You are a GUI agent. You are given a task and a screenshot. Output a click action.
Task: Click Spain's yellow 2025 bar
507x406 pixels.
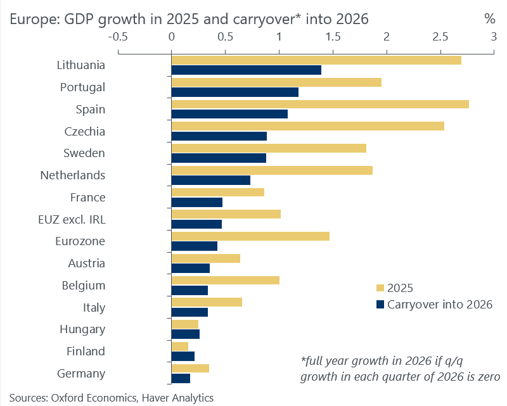pyautogui.click(x=320, y=104)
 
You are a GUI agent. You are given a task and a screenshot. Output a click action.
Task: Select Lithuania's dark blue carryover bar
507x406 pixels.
pyautogui.click(x=246, y=70)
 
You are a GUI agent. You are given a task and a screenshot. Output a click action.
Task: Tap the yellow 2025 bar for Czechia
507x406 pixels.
pyautogui.click(x=307, y=126)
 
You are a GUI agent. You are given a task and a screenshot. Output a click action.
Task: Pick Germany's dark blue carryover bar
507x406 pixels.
pyautogui.click(x=181, y=379)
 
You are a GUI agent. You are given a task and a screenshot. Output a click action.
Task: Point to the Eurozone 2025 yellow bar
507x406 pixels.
pyautogui.click(x=250, y=236)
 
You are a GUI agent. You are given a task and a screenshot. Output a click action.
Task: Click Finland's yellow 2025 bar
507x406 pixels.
pyautogui.click(x=180, y=346)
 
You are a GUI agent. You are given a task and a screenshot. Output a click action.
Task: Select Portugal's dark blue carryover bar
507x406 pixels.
pyautogui.click(x=234, y=92)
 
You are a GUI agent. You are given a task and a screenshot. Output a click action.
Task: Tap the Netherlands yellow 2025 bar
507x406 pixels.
pyautogui.click(x=272, y=170)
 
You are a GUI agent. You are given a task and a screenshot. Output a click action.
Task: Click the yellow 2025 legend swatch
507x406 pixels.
pyautogui.click(x=380, y=288)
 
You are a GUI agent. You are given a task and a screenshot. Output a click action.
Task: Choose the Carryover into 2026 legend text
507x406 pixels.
pyautogui.click(x=440, y=305)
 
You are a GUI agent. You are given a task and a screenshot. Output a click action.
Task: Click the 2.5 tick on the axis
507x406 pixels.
pyautogui.click(x=440, y=37)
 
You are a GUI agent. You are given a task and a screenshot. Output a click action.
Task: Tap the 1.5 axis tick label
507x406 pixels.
pyautogui.click(x=333, y=37)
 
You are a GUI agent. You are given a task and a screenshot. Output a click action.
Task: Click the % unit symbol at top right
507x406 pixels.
pyautogui.click(x=489, y=19)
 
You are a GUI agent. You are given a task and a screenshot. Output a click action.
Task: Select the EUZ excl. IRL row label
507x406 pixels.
pyautogui.click(x=72, y=219)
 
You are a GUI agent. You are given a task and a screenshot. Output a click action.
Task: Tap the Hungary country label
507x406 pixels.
pyautogui.click(x=82, y=329)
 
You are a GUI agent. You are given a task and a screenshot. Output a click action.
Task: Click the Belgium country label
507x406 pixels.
pyautogui.click(x=83, y=285)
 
